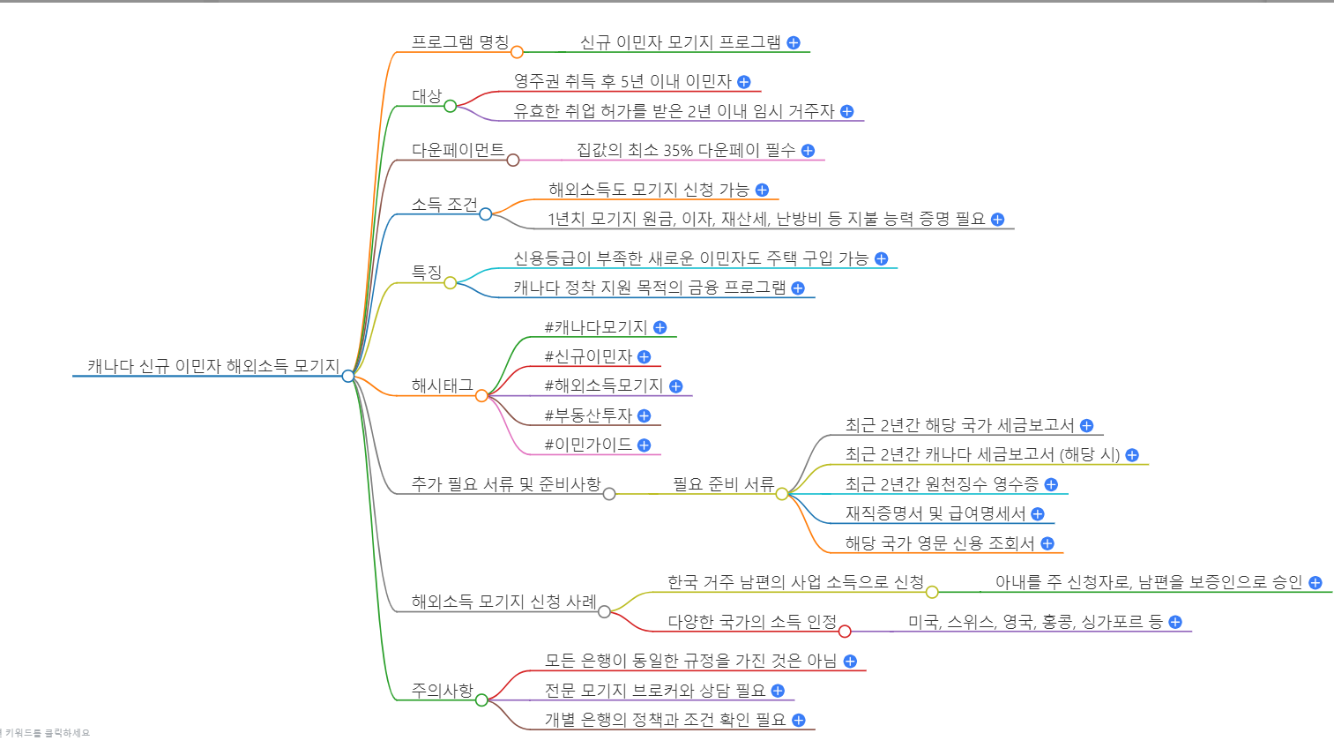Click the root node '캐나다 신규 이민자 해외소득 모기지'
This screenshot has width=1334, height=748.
[x=212, y=366]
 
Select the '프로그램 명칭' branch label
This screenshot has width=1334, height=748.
[x=459, y=42]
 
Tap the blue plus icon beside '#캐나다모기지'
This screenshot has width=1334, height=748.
[x=660, y=327]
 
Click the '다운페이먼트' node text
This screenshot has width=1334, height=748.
[x=458, y=150]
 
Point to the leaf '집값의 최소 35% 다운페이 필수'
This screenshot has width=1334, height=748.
[x=685, y=150]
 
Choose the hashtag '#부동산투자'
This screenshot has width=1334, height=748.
[x=588, y=415]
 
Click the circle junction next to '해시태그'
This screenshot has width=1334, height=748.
[x=481, y=396]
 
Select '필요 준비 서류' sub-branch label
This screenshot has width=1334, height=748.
[x=723, y=484]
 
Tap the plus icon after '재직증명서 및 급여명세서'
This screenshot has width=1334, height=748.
[x=1038, y=514]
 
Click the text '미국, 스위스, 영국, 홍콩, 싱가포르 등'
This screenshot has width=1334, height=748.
[x=1035, y=622]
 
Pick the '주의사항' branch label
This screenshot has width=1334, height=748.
[x=442, y=691]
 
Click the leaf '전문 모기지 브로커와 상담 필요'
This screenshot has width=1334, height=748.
[x=654, y=691]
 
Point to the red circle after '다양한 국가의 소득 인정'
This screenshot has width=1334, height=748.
[x=845, y=631]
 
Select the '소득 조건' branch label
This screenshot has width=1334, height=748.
[x=443, y=205]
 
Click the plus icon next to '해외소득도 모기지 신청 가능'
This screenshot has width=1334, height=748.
[x=763, y=190]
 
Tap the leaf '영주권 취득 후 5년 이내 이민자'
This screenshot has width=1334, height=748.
[x=622, y=81]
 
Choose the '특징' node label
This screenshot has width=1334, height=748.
[x=427, y=273]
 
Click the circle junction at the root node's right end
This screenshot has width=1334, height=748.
[x=348, y=376]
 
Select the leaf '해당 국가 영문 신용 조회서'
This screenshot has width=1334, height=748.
[x=939, y=543]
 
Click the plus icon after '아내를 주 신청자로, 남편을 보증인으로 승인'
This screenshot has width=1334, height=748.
[x=1315, y=582]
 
